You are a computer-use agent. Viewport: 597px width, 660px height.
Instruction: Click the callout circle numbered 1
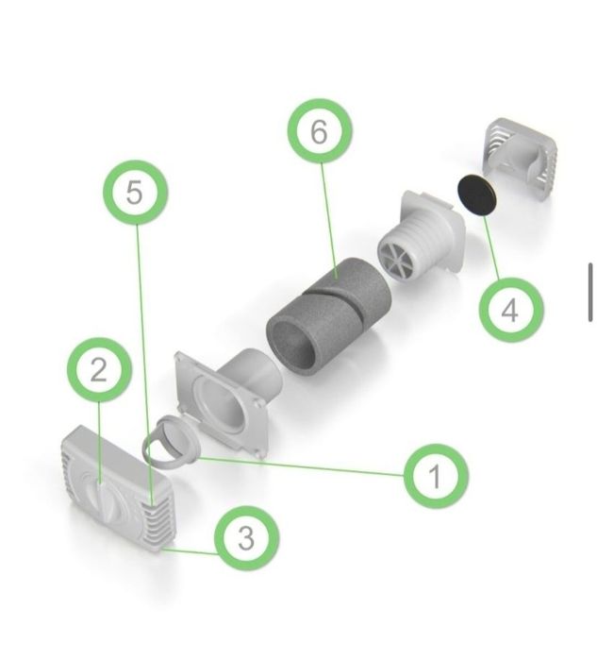pyautogui.click(x=436, y=476)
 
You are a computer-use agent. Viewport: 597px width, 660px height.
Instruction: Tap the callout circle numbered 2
pyautogui.click(x=100, y=369)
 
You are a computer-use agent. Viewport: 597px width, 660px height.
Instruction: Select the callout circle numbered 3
pyautogui.click(x=246, y=537)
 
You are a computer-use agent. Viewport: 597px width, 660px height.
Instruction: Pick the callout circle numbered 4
pyautogui.click(x=511, y=310)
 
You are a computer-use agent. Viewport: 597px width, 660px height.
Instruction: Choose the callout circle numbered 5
pyautogui.click(x=136, y=193)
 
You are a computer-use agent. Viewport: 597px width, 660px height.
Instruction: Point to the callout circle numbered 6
pyautogui.click(x=320, y=131)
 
